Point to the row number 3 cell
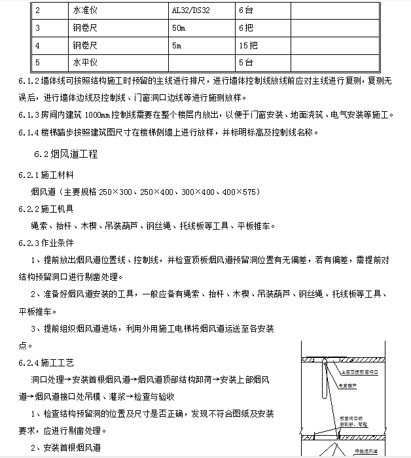38,28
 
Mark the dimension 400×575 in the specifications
240,192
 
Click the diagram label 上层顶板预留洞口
359,372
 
